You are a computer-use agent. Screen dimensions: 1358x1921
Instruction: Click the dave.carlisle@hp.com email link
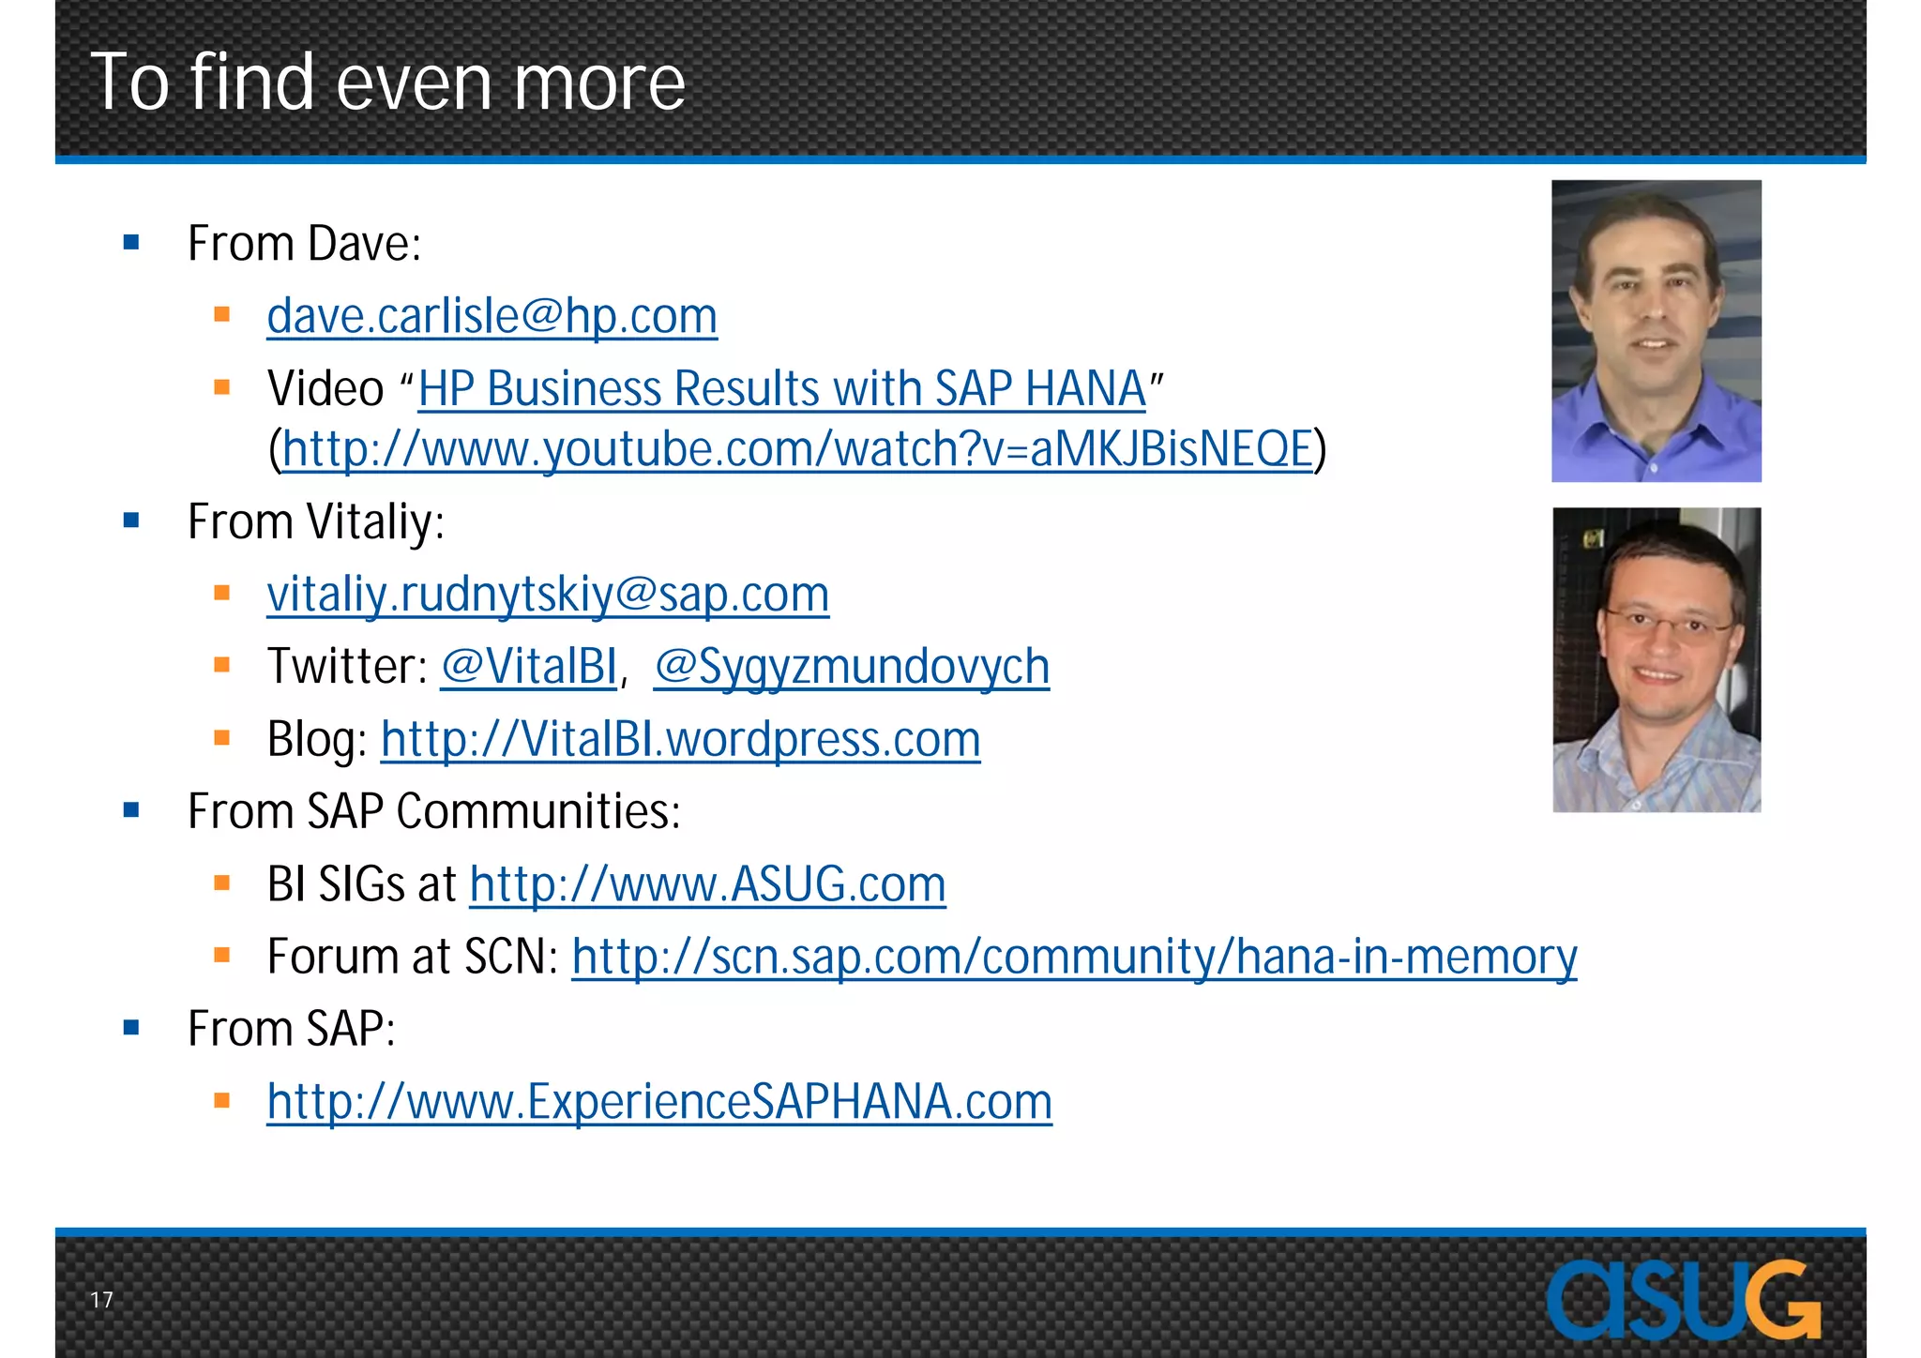pyautogui.click(x=492, y=316)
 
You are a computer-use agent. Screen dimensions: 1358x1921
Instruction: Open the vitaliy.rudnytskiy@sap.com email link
pyautogui.click(x=548, y=595)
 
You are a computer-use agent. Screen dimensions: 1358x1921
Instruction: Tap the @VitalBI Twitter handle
pyautogui.click(x=528, y=667)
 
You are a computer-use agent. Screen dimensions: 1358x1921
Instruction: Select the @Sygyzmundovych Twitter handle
pyautogui.click(x=851, y=667)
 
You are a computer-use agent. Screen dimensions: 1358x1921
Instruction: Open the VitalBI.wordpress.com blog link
pyautogui.click(x=680, y=739)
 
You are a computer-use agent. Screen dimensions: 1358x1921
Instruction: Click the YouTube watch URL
pyautogui.click(x=797, y=449)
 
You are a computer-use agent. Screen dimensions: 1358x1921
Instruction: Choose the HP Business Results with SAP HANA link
pyautogui.click(x=781, y=388)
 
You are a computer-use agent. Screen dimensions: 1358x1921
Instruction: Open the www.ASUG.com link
pyautogui.click(x=707, y=884)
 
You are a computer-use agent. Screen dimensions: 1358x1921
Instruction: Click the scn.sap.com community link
pyautogui.click(x=1074, y=957)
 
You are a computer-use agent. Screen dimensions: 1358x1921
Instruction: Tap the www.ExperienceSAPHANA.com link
pyautogui.click(x=659, y=1102)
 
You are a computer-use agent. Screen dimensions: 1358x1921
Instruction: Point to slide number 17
pyautogui.click(x=101, y=1300)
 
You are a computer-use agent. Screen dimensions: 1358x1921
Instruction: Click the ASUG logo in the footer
pyautogui.click(x=1683, y=1300)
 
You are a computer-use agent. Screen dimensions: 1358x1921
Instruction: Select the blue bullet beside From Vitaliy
pyautogui.click(x=131, y=521)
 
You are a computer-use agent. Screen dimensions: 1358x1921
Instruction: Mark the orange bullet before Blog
pyautogui.click(x=222, y=738)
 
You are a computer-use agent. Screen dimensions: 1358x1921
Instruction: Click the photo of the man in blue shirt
pyautogui.click(x=1656, y=331)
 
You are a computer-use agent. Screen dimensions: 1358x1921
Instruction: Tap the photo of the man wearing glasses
pyautogui.click(x=1656, y=659)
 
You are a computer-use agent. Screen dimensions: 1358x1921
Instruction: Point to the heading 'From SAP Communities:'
pyautogui.click(x=433, y=811)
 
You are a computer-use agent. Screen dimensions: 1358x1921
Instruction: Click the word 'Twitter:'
pyautogui.click(x=347, y=667)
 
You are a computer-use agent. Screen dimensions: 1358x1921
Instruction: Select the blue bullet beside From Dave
pyautogui.click(x=131, y=243)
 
